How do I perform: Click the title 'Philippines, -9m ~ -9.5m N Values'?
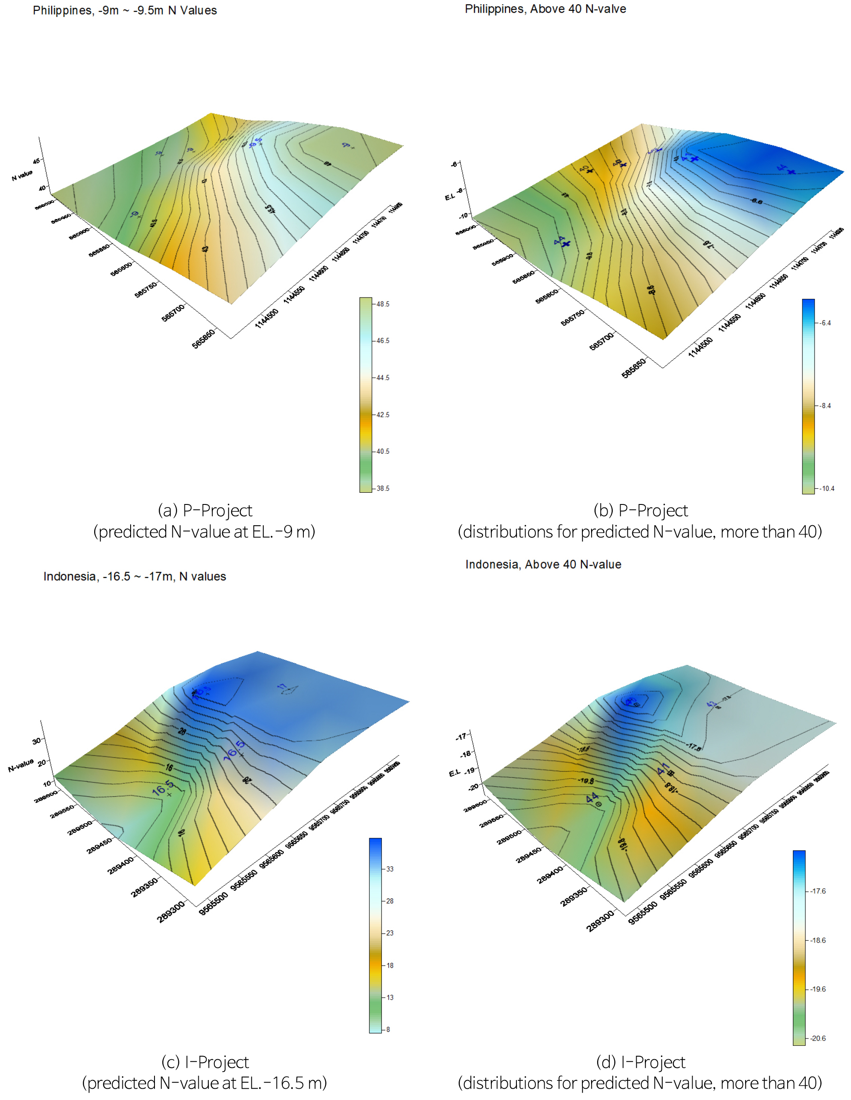(125, 10)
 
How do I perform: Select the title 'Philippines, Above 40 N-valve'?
(545, 9)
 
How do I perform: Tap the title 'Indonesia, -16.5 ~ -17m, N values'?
(135, 576)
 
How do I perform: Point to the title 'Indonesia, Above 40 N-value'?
(543, 564)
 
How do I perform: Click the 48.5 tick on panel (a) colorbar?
(382, 304)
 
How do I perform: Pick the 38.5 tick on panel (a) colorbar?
(382, 488)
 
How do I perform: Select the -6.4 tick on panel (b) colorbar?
(825, 323)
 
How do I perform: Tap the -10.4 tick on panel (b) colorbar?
(826, 488)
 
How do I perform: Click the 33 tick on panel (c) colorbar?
(389, 869)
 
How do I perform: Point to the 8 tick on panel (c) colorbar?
(388, 1029)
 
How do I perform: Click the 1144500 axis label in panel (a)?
(266, 318)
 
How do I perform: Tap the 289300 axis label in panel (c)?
(171, 912)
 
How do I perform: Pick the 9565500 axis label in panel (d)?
(642, 913)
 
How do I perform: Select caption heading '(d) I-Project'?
(640, 1062)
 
